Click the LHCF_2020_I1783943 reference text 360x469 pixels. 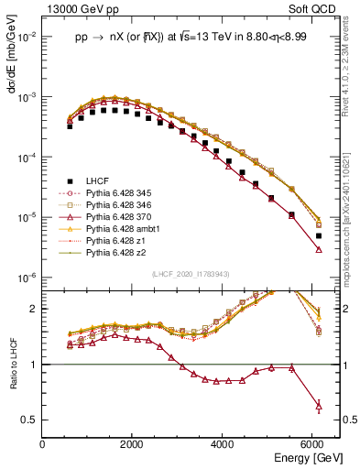pos(190,273)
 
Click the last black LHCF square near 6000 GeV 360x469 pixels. pos(318,235)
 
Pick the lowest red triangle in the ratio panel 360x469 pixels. pos(318,405)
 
